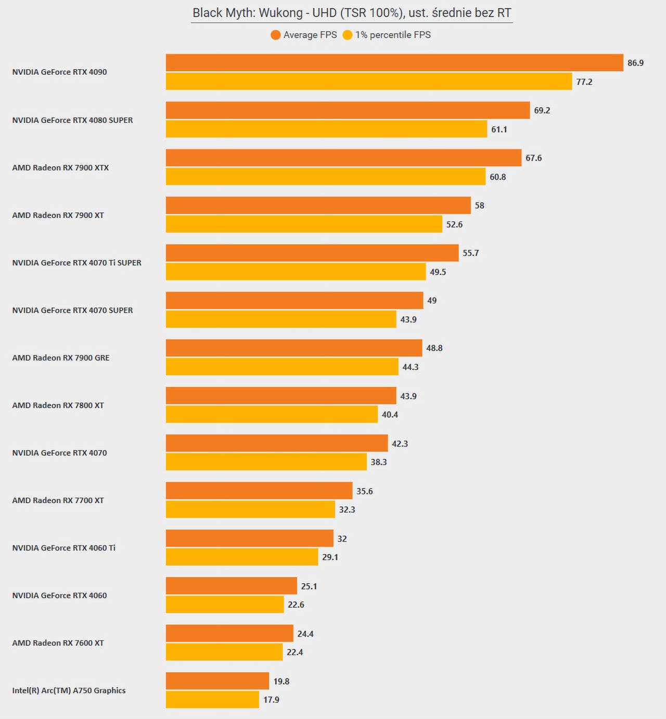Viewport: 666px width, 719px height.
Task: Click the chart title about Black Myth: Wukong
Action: (x=352, y=13)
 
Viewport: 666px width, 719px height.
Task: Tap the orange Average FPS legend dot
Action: (x=276, y=35)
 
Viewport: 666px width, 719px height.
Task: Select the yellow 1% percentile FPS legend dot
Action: (x=347, y=35)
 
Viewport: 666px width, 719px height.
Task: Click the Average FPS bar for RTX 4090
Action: (x=394, y=62)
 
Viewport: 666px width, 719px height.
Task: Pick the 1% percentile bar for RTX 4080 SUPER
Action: (x=326, y=129)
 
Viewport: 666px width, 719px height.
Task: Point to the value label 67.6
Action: (x=533, y=158)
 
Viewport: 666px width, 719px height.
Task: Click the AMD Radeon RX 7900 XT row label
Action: (x=58, y=215)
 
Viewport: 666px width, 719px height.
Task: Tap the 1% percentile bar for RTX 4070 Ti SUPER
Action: (x=296, y=272)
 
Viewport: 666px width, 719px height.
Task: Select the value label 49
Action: (x=432, y=301)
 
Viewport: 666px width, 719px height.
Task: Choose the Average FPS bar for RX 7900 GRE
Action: (x=294, y=348)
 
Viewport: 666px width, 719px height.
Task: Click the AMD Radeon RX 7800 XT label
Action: (x=58, y=405)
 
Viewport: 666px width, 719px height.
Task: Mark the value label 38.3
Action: (x=378, y=462)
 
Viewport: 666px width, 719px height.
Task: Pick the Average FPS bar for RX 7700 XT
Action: (x=259, y=491)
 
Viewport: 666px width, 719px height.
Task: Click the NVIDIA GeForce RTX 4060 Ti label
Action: (x=64, y=548)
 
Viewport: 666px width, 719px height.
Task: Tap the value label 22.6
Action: (x=296, y=605)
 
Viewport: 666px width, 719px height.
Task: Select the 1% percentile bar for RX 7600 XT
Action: (x=224, y=652)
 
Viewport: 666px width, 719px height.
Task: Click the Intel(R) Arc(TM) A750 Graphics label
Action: (x=69, y=690)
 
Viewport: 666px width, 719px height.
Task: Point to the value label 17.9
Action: (x=271, y=700)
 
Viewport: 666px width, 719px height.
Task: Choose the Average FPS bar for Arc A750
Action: (x=217, y=681)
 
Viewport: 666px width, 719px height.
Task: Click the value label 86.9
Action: (x=636, y=63)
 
